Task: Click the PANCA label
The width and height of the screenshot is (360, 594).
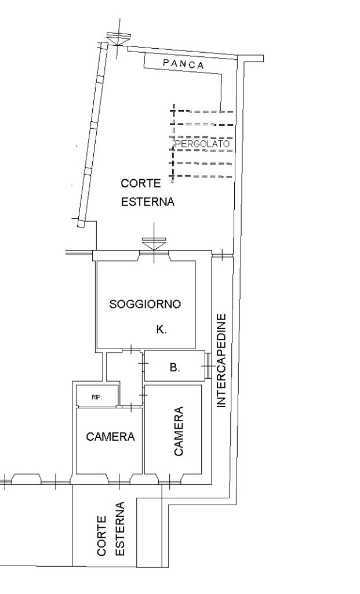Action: click(x=184, y=64)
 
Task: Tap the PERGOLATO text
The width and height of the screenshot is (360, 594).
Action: click(x=202, y=144)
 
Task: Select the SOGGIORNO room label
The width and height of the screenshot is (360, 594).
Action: click(x=145, y=304)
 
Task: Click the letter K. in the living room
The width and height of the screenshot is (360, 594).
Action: click(x=162, y=329)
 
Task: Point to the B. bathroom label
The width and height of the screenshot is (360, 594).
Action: click(x=174, y=367)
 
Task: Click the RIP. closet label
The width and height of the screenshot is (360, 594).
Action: click(x=97, y=397)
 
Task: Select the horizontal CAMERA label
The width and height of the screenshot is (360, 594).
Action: click(x=110, y=436)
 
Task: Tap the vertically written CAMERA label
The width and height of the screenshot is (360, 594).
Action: click(x=179, y=431)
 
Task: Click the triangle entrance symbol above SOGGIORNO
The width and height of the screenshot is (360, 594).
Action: click(x=154, y=243)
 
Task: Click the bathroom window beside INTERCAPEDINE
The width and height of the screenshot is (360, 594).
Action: click(x=208, y=365)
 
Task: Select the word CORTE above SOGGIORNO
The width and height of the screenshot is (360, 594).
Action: click(x=141, y=183)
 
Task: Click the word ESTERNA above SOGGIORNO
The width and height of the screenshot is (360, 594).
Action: click(x=148, y=201)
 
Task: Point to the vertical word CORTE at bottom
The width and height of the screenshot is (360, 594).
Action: click(x=101, y=535)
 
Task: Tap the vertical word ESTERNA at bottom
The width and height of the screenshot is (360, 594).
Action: click(x=119, y=528)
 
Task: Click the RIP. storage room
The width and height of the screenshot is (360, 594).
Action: click(x=97, y=396)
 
